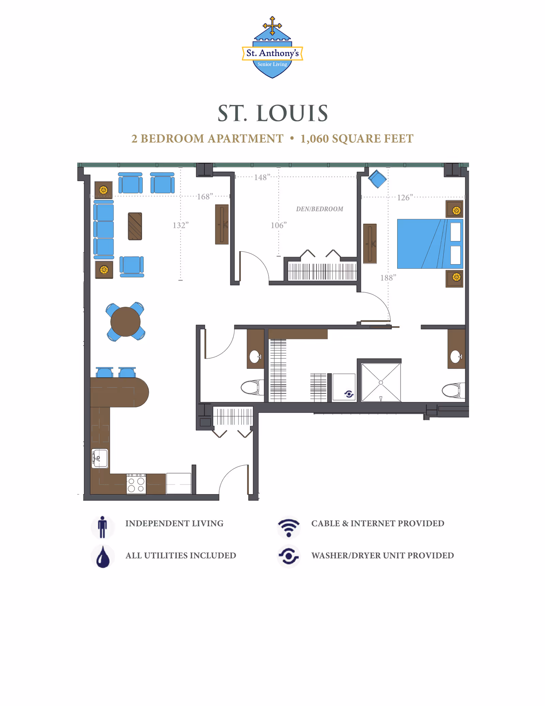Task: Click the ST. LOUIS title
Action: [x=272, y=113]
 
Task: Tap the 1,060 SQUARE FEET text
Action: [x=357, y=139]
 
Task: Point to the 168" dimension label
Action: [x=205, y=196]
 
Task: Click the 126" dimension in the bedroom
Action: [x=405, y=197]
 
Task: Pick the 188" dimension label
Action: [x=388, y=278]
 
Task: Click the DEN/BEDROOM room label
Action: [x=319, y=209]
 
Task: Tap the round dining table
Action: [x=125, y=321]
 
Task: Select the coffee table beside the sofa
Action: [x=135, y=226]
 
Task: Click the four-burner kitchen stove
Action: [x=136, y=484]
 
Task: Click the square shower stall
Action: [x=381, y=382]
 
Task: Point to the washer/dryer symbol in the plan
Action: [x=348, y=394]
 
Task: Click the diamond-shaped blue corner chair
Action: [x=377, y=179]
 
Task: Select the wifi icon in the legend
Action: [x=289, y=527]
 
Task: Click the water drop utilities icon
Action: [x=103, y=557]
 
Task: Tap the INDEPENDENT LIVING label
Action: [x=174, y=523]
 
